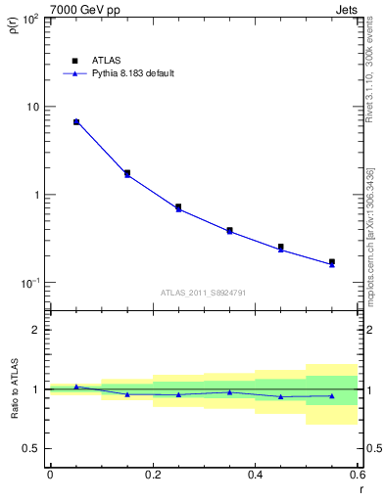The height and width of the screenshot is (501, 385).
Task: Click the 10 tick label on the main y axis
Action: (x=33, y=107)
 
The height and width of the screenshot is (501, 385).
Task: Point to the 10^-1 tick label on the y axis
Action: (x=31, y=283)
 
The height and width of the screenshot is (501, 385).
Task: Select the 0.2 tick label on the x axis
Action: (x=152, y=475)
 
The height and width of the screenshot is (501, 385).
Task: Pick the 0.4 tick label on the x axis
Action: (x=255, y=475)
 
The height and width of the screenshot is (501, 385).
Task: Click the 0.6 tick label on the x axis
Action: (x=357, y=475)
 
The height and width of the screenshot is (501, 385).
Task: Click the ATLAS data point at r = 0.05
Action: (x=76, y=122)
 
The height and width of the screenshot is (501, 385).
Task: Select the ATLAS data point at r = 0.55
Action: (x=332, y=262)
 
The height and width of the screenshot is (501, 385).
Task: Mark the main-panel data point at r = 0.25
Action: (x=178, y=207)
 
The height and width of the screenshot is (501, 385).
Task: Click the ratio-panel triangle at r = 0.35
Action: (x=229, y=392)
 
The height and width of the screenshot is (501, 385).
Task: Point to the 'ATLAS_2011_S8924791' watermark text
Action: (x=203, y=293)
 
